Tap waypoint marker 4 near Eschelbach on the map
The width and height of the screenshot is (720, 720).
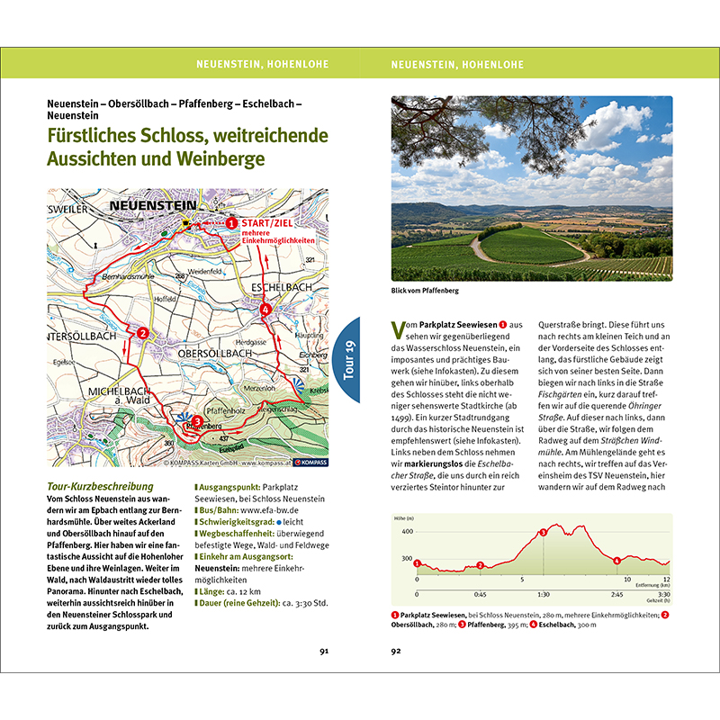click(265, 310)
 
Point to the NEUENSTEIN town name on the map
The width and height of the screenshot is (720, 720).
click(144, 206)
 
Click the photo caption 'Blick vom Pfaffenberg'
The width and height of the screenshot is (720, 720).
click(425, 291)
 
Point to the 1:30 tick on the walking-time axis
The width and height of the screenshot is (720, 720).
click(543, 594)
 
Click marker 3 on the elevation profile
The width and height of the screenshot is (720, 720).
click(543, 533)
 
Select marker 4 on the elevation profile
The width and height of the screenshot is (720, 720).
click(616, 562)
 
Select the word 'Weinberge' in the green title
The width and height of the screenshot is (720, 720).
click(217, 159)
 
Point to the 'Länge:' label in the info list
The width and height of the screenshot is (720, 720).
click(212, 590)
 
